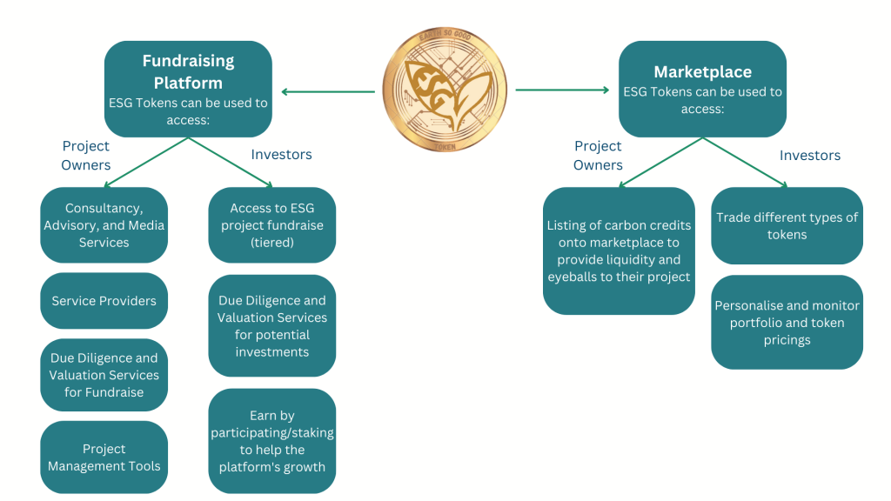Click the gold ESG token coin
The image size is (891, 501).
445,90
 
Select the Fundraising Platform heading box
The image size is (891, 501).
188,89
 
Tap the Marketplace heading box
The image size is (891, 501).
702,88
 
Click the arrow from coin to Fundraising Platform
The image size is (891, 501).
327,91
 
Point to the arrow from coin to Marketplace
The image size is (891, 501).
562,90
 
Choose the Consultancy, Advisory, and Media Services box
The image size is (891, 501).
104,225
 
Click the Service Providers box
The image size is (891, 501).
104,301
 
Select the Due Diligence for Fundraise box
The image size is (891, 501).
104,375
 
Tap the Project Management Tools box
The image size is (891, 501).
104,458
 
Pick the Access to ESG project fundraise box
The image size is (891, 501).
271,225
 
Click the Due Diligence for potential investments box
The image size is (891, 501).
271,326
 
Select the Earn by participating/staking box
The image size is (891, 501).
271,441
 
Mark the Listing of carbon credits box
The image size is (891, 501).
619,251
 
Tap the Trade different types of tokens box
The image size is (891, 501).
787,226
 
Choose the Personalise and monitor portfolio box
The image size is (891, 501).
787,323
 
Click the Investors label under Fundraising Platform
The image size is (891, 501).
281,155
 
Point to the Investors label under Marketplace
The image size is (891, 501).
810,156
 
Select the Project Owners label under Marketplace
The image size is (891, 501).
598,156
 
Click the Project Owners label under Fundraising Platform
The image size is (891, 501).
86,156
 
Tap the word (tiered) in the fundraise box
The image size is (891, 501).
271,243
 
